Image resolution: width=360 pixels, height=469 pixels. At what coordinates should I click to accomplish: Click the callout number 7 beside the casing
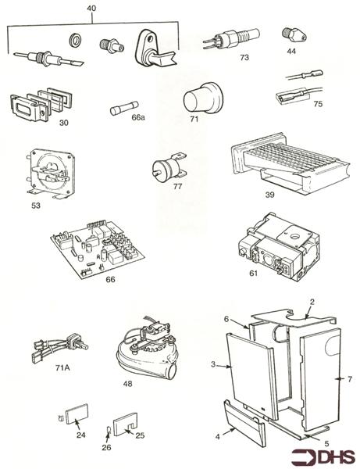point(351,378)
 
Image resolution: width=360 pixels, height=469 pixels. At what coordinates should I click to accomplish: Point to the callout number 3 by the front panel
point(213,365)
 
